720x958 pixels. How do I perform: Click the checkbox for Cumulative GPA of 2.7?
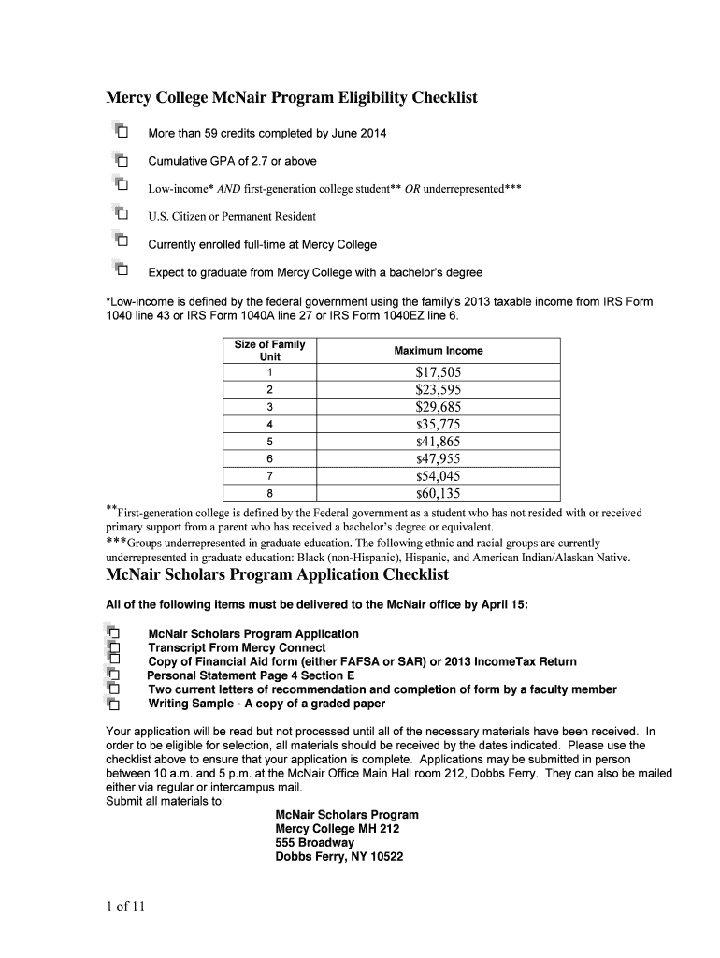122,161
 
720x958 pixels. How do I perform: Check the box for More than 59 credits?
122,133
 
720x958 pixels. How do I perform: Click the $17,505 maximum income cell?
439,371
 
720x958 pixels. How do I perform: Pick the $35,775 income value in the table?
439,424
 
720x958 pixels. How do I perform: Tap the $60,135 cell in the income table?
439,494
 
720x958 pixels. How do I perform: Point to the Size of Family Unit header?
269,351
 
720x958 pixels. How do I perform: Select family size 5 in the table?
269,442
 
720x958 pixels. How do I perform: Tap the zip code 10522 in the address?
384,856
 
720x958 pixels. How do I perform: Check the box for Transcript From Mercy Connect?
115,647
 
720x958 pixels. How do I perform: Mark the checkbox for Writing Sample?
115,704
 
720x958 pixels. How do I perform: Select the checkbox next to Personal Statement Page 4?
115,675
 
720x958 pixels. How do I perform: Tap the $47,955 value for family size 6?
439,459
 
